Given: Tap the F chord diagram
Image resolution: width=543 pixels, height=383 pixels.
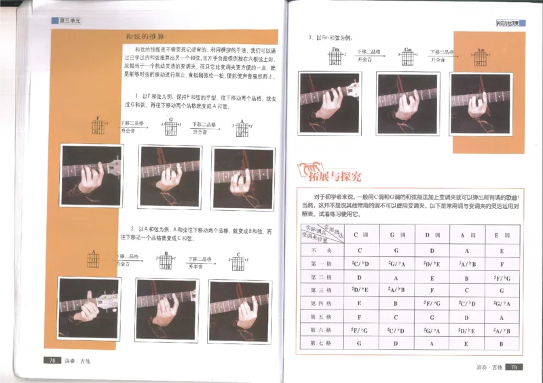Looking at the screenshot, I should [99, 126].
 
